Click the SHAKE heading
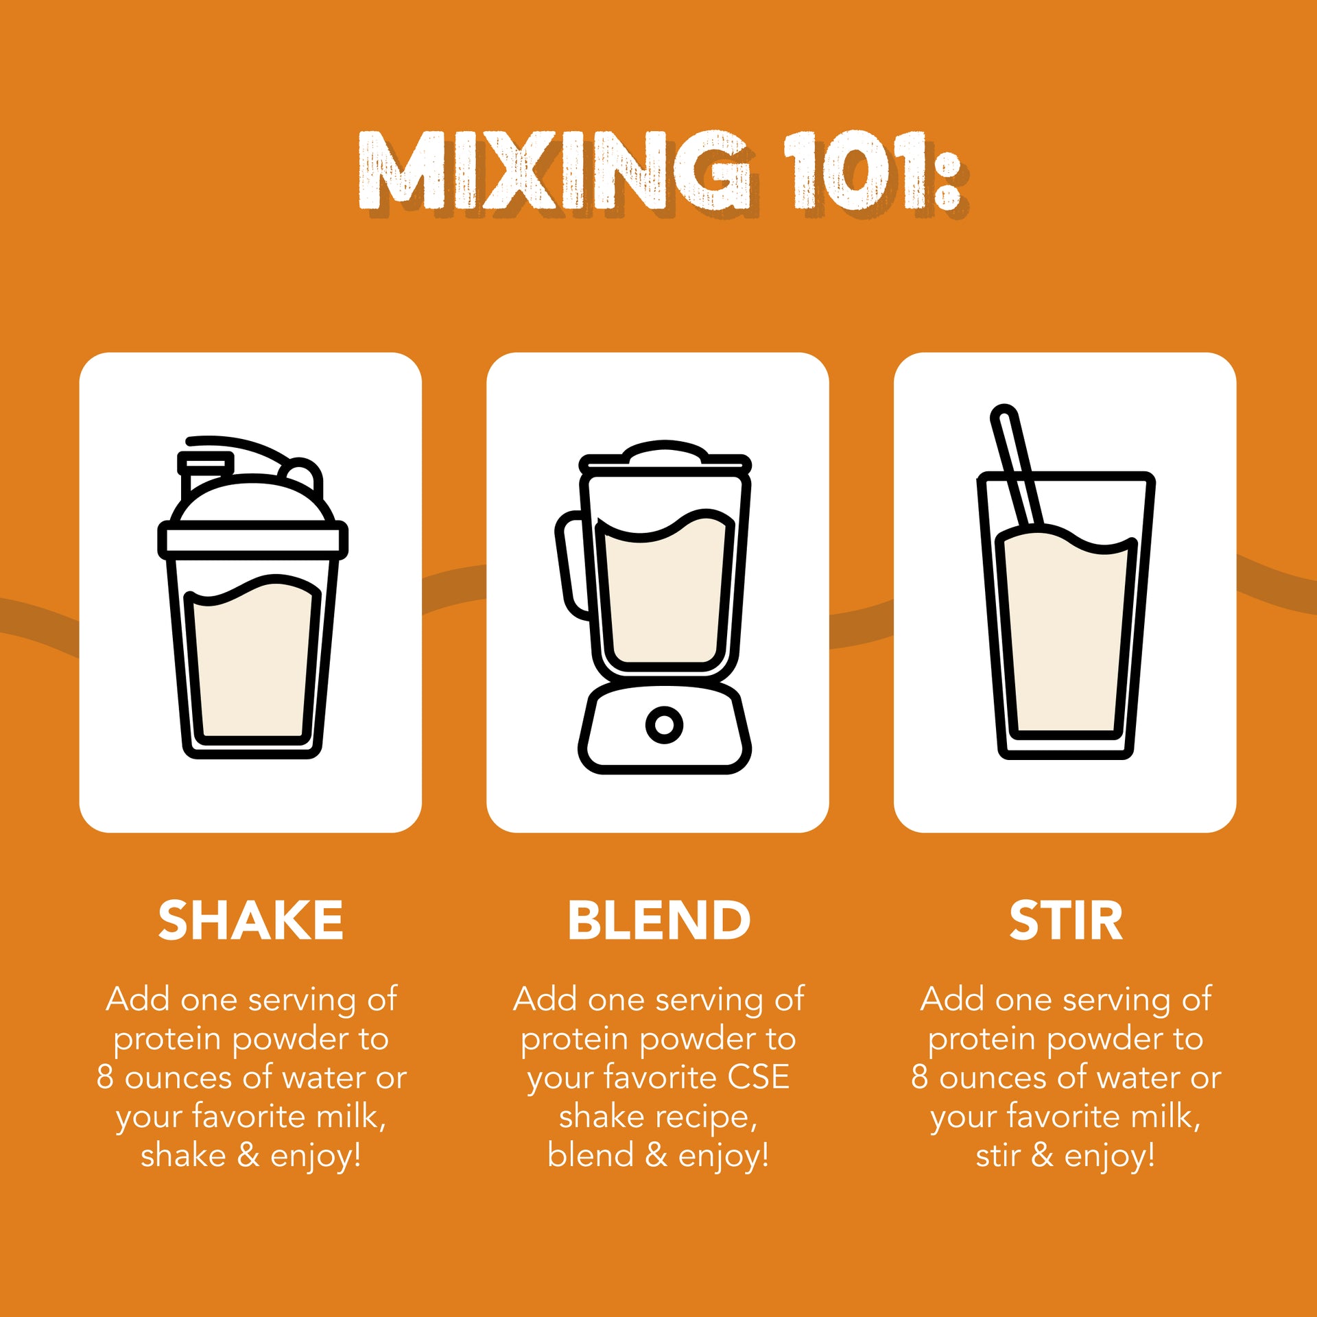pos(250,921)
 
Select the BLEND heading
pos(658,921)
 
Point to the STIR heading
pos(1065,921)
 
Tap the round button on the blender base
pos(664,724)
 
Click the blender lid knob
pos(664,451)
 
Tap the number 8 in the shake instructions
pos(105,1077)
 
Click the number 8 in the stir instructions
pos(920,1077)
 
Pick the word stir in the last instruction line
pos(998,1155)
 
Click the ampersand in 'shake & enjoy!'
pos(248,1155)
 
